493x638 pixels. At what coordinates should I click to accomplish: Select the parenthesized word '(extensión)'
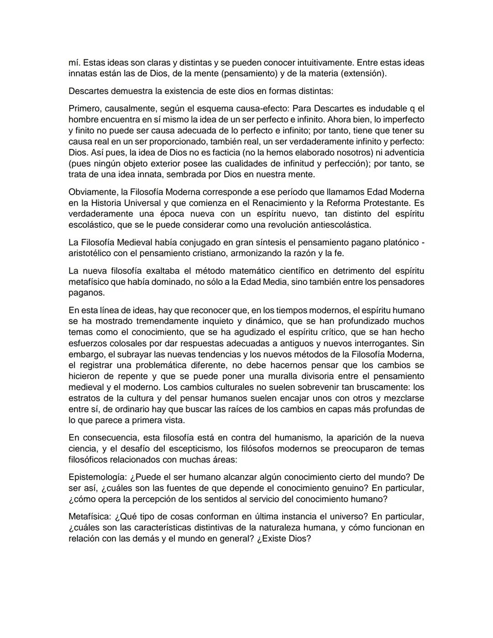(363, 74)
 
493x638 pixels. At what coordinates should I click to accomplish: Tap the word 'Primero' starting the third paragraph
(84, 109)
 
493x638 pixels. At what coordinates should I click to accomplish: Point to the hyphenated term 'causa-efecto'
(263, 109)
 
